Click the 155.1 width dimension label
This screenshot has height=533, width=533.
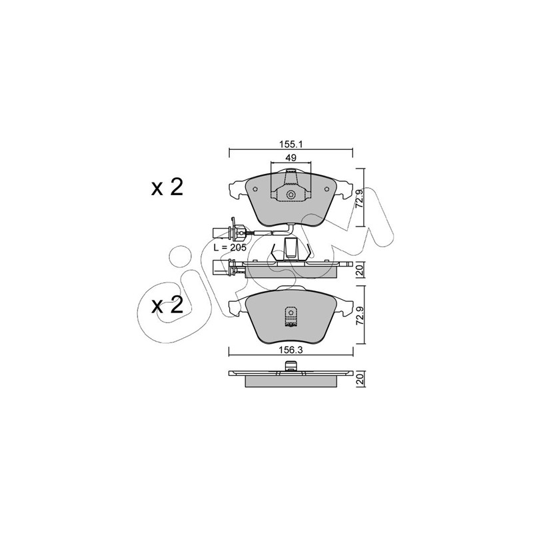291,144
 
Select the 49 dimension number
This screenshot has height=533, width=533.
291,158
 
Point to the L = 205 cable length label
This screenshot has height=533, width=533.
229,247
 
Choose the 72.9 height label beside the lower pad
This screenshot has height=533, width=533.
360,315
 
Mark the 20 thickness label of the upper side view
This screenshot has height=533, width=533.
360,270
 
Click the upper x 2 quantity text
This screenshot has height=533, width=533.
167,187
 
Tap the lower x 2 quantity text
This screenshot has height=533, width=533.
167,305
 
